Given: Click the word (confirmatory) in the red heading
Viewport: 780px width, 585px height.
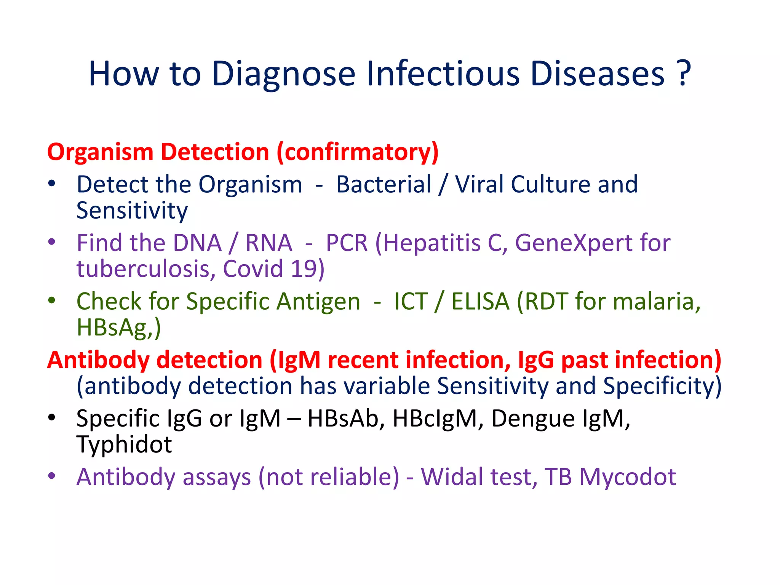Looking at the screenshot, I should (358, 152).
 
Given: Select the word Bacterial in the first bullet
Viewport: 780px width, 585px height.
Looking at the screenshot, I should (384, 185).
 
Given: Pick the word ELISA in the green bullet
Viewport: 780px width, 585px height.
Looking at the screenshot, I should (480, 302).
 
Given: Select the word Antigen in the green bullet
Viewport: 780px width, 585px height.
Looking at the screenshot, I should (318, 302).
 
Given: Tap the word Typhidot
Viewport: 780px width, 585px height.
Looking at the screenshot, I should (124, 444).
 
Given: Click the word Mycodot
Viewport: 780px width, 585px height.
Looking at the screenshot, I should (628, 478).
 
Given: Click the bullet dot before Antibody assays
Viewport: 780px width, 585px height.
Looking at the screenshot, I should (52, 476).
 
